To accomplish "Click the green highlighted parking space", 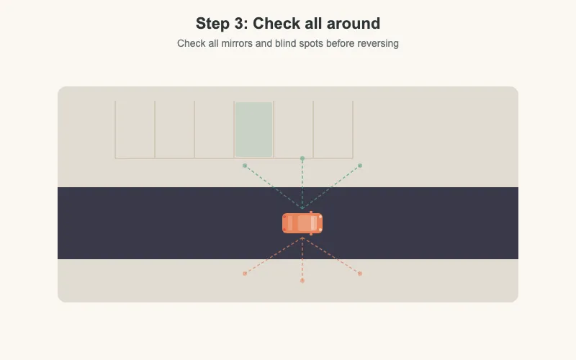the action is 254,130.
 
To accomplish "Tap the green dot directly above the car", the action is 302,158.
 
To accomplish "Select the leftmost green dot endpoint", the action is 245,166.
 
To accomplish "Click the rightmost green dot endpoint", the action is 360,166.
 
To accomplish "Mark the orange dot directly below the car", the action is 302,281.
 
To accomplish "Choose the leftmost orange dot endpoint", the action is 245,274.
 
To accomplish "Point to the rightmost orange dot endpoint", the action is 360,274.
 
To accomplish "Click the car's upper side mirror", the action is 311,212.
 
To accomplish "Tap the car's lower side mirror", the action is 311,234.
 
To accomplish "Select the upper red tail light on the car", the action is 284,217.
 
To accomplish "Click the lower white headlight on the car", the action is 320,230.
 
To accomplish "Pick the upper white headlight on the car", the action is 320,217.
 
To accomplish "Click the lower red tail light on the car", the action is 284,230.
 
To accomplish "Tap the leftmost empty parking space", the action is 135,130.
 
